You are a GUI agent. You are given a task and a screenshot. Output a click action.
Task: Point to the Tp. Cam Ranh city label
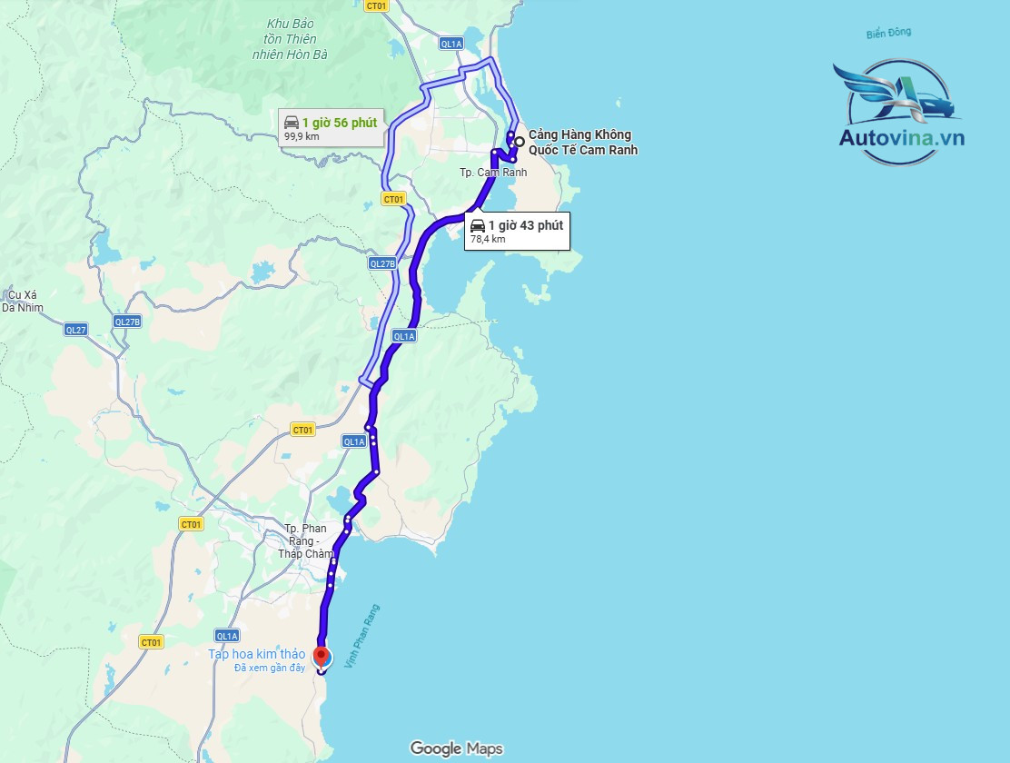(x=493, y=173)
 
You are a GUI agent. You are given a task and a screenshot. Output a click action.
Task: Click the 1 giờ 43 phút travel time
(x=525, y=225)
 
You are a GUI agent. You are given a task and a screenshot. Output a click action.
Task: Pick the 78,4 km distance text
(x=487, y=240)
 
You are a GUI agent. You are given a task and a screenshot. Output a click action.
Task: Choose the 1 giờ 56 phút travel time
(x=340, y=122)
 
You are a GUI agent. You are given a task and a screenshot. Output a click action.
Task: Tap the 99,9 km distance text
(x=302, y=136)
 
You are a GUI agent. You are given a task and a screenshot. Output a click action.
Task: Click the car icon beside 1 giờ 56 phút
(x=292, y=122)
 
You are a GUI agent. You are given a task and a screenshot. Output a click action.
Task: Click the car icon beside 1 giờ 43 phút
(x=477, y=225)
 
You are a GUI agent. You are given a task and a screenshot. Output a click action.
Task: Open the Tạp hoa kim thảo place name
(x=257, y=654)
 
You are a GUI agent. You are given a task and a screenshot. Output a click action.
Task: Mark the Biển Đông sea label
(x=888, y=34)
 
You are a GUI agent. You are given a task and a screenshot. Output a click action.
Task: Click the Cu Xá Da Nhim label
(x=20, y=301)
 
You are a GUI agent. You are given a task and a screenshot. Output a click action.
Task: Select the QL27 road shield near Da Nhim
(x=76, y=330)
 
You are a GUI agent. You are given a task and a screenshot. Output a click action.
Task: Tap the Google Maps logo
(x=456, y=748)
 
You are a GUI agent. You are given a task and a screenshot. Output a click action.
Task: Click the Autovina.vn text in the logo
(x=901, y=138)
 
